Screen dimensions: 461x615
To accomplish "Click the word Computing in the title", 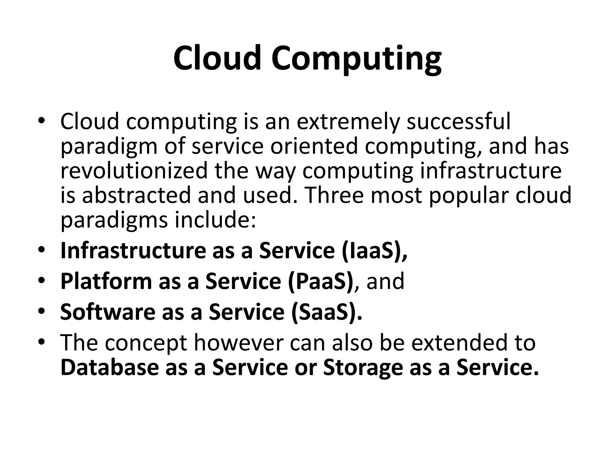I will [356, 59].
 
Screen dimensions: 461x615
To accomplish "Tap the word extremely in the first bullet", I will [349, 122].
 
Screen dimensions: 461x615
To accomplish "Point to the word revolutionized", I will [134, 170].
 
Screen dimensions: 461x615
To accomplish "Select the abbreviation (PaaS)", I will [321, 282].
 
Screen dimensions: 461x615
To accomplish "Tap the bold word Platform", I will [106, 282].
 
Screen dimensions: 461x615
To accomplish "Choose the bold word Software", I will [108, 312].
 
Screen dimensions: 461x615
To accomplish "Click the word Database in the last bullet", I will [109, 367].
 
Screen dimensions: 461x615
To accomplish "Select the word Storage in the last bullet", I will [363, 368].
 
